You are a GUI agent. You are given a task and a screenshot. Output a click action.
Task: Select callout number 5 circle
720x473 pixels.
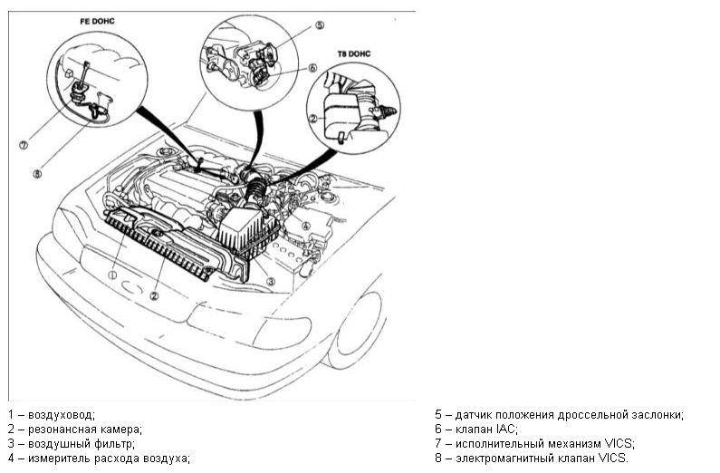point(320,26)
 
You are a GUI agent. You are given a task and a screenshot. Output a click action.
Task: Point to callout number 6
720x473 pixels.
point(312,67)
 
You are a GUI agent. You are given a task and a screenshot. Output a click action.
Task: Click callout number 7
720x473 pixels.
point(24,143)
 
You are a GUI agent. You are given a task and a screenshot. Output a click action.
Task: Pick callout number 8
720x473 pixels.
point(37,174)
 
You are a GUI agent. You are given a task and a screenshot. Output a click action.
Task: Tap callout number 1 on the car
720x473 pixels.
point(113,273)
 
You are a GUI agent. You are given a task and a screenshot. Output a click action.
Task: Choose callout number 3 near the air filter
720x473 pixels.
point(270,282)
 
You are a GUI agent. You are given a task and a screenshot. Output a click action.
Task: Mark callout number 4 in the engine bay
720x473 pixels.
point(306,226)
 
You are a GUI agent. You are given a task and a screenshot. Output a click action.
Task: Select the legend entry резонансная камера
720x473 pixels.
point(86,430)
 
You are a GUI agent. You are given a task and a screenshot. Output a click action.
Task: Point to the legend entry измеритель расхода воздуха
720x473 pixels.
point(109,459)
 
